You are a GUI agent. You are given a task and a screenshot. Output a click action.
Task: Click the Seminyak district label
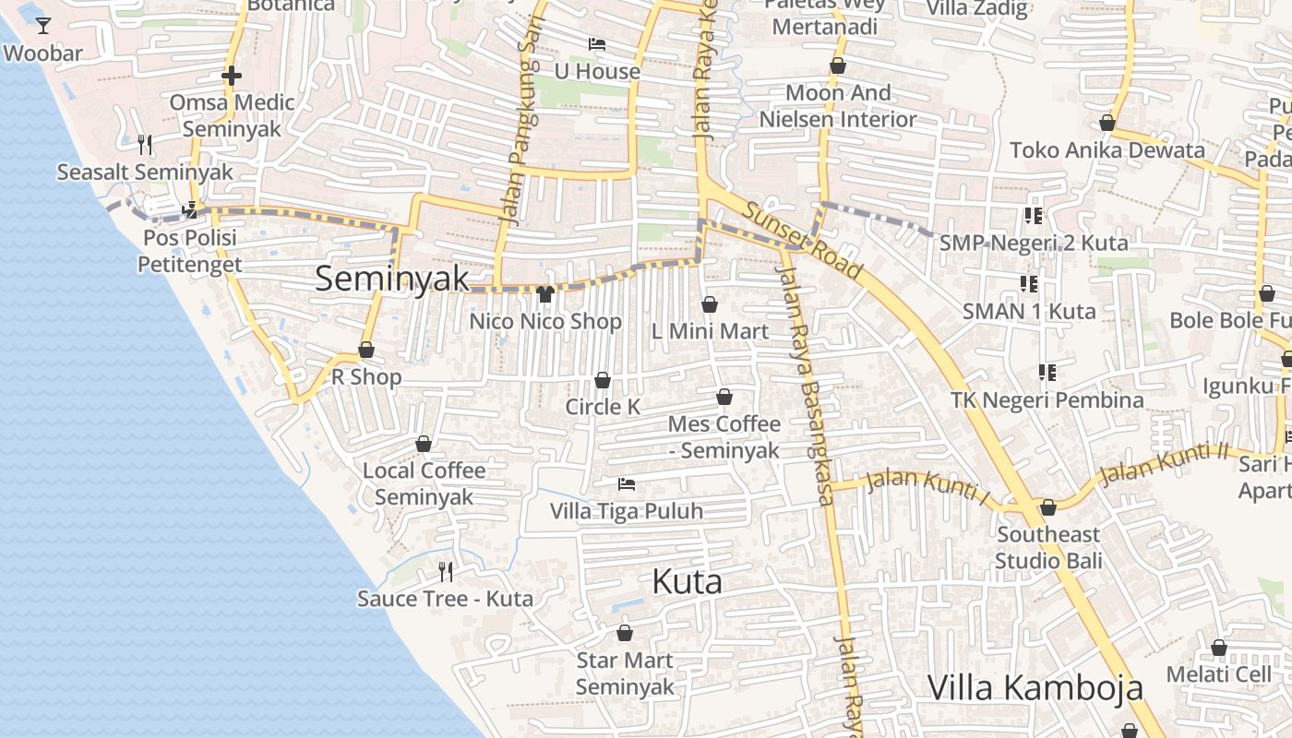click(392, 279)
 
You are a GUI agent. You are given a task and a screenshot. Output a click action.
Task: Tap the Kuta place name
click(687, 582)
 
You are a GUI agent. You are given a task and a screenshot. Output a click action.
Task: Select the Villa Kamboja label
click(1035, 688)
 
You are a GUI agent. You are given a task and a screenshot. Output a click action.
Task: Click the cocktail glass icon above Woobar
click(43, 25)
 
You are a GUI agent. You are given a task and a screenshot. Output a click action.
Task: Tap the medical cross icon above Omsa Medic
click(232, 76)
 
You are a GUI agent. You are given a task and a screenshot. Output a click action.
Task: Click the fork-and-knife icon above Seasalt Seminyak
click(145, 145)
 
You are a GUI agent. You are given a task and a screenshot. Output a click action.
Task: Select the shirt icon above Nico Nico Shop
click(544, 294)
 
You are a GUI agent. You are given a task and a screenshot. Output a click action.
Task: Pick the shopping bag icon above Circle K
click(603, 380)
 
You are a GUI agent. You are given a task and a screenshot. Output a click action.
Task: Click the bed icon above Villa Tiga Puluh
click(627, 483)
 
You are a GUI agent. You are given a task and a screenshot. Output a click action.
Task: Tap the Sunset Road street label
click(803, 241)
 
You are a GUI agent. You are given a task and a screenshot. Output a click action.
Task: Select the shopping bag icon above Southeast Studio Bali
click(1048, 507)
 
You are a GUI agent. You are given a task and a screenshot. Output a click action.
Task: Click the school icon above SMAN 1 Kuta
click(1029, 283)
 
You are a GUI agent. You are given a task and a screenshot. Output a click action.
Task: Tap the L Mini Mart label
click(710, 331)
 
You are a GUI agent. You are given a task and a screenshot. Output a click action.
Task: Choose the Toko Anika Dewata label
click(1107, 150)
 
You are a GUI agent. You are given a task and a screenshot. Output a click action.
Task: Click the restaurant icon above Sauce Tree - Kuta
click(446, 572)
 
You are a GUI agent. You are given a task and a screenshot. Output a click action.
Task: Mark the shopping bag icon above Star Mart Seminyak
click(625, 633)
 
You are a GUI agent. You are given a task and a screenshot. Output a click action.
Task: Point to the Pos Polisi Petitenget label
click(190, 251)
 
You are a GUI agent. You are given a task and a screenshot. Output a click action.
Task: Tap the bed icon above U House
click(597, 44)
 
